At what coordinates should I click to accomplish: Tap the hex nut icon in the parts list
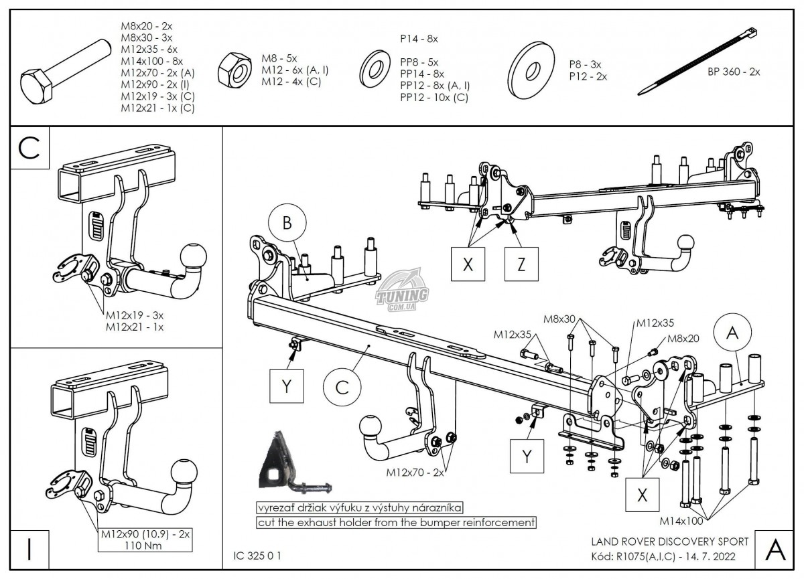tap(235, 69)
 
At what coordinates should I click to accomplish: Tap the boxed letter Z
tap(521, 264)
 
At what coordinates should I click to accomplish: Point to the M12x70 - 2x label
tap(415, 472)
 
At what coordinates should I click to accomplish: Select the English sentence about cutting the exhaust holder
tap(396, 521)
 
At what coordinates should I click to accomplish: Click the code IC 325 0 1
tap(258, 556)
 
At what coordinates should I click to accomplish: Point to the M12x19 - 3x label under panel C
tap(135, 315)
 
